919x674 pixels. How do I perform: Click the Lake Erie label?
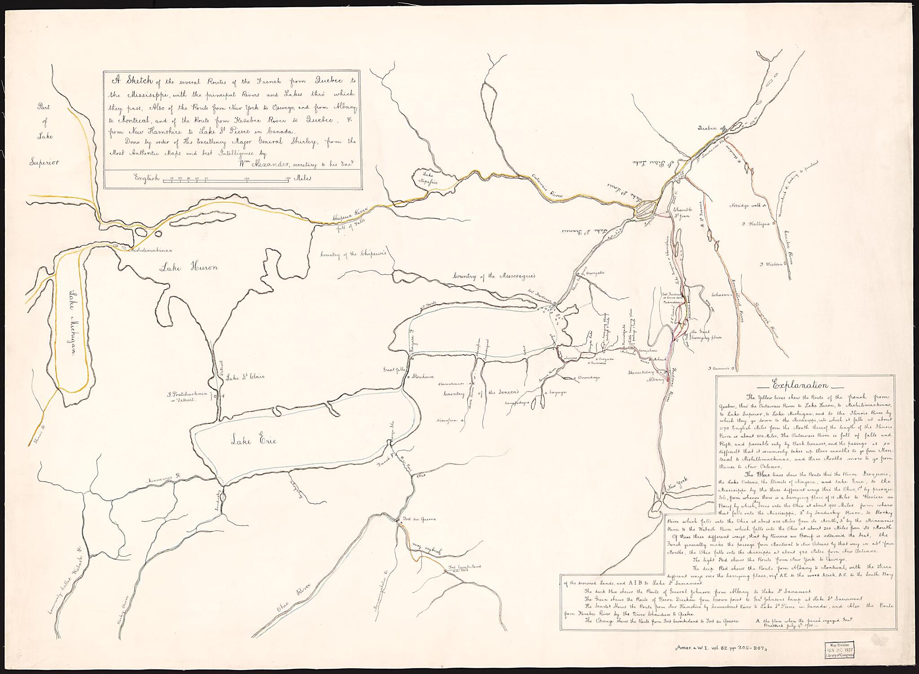tap(254, 441)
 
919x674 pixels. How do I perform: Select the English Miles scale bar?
tap(224, 178)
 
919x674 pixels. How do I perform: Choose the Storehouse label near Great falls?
tap(424, 377)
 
